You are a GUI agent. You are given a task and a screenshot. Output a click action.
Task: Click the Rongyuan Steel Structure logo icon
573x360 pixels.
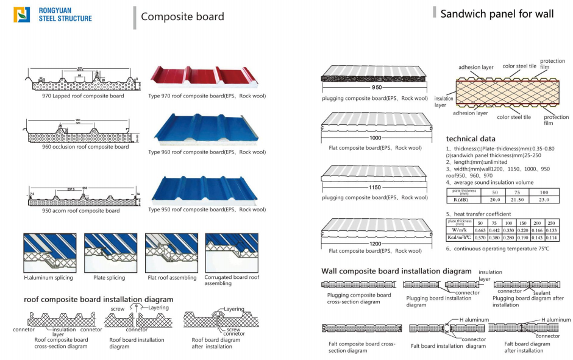tap(23, 14)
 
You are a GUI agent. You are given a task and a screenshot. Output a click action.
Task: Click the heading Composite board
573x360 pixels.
tap(182, 16)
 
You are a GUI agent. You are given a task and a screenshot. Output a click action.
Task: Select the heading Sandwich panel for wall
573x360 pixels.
tap(496, 13)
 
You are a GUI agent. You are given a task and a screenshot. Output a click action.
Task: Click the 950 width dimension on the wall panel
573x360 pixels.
tap(377, 88)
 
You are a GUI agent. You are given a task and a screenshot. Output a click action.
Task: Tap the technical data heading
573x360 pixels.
tap(471, 139)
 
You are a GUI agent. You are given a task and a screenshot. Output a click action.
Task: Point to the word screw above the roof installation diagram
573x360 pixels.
tap(118, 309)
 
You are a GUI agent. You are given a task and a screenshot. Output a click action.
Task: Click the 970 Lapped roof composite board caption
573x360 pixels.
tap(74, 96)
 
